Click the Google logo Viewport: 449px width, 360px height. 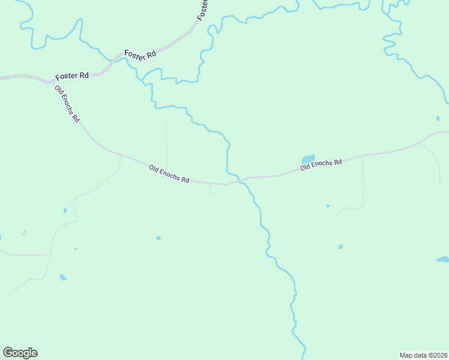pos(20,353)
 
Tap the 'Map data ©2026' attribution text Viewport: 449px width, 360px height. pos(423,355)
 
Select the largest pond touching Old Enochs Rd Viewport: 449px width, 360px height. pos(308,159)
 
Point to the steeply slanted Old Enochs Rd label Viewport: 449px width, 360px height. pos(67,104)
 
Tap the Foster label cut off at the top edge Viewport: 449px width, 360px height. pos(203,9)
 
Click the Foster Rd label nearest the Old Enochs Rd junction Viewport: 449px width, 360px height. pos(72,76)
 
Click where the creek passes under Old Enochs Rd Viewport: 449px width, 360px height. pos(238,180)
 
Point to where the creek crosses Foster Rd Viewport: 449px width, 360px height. pos(112,59)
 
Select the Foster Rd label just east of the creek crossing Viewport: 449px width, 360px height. pos(140,53)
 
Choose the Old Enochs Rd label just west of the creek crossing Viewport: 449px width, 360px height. pos(169,175)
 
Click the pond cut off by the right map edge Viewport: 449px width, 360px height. pos(443,259)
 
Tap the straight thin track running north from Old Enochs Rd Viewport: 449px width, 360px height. pos(166,144)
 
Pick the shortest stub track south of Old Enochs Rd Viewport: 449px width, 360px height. pos(210,189)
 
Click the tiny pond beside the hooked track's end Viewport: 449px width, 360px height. pos(328,206)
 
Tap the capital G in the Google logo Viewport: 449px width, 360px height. pos(8,353)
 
